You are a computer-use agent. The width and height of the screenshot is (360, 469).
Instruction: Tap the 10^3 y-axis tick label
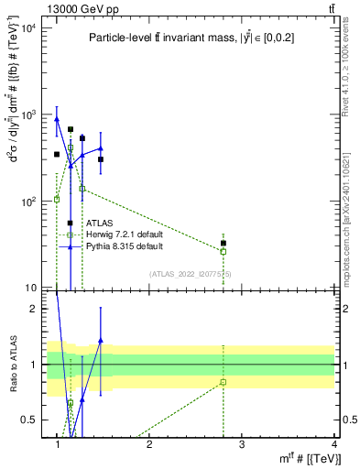point(28,115)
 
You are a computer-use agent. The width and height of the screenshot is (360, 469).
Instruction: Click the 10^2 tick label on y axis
point(28,202)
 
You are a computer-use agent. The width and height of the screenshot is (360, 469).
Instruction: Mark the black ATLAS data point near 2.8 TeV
point(223,244)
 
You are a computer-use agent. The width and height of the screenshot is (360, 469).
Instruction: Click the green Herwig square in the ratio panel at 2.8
point(223,382)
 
